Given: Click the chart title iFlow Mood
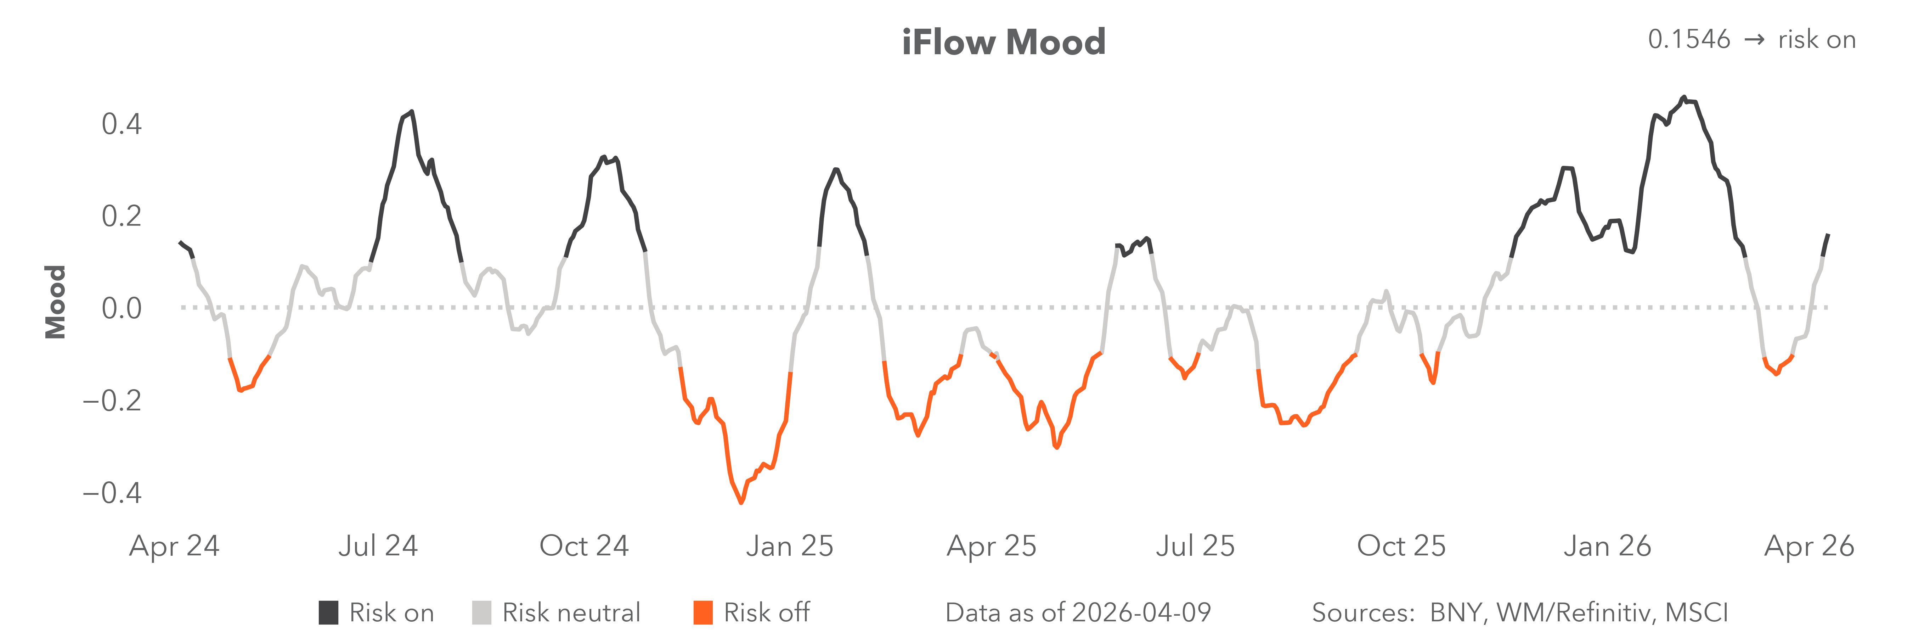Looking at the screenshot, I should pyautogui.click(x=1003, y=42).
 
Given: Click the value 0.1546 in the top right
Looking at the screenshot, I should pyautogui.click(x=1689, y=39).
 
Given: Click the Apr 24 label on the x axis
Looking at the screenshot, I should pyautogui.click(x=175, y=546).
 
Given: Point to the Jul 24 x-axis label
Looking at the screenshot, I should pyautogui.click(x=378, y=546).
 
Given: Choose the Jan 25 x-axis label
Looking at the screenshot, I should pyautogui.click(x=789, y=546).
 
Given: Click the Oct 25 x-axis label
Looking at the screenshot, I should pyautogui.click(x=1401, y=546).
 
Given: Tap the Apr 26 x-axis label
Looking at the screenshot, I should pyautogui.click(x=1809, y=546).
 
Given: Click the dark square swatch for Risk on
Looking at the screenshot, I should pyautogui.click(x=328, y=613).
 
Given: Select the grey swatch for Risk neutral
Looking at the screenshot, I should pyautogui.click(x=481, y=613).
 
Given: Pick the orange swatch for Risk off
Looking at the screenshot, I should pyautogui.click(x=702, y=613).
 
